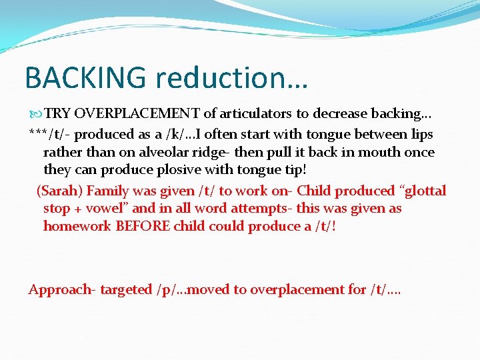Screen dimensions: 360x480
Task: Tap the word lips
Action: [421, 135]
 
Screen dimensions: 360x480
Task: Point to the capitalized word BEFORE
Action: [143, 227]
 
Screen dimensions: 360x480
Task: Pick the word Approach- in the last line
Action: [62, 289]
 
